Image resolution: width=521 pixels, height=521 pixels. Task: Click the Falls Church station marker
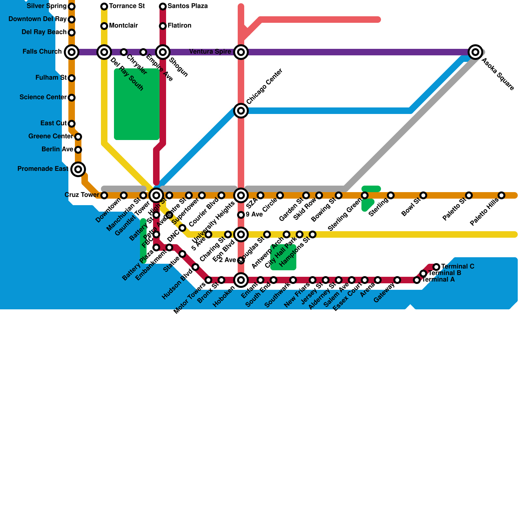[72, 52]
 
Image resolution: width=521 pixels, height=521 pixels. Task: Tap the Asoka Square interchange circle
[475, 52]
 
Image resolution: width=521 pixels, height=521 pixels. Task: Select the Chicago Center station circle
[241, 111]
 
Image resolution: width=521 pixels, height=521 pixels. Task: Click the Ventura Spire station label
[210, 52]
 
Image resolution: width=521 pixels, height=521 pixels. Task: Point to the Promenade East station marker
[78, 169]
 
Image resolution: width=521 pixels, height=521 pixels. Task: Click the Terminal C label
[458, 267]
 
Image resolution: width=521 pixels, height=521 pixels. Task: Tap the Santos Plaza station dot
[163, 6]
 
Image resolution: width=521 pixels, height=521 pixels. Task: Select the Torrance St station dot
[104, 6]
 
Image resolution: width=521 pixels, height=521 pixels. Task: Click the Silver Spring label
[47, 6]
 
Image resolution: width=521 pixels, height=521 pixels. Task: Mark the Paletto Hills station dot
[501, 195]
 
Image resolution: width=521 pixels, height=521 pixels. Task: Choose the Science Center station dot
[72, 97]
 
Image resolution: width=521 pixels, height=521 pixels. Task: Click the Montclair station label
[123, 26]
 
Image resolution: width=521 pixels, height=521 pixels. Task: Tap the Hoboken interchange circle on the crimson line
[241, 280]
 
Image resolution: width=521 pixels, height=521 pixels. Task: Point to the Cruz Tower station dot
[104, 195]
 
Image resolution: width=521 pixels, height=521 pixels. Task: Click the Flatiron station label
[179, 26]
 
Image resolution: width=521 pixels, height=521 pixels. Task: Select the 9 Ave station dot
[241, 215]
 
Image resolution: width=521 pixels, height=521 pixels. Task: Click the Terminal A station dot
[417, 280]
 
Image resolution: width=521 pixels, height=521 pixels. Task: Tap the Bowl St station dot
[423, 195]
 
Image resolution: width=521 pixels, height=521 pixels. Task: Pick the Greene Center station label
[50, 136]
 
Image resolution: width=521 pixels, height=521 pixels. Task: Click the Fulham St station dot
[72, 78]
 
